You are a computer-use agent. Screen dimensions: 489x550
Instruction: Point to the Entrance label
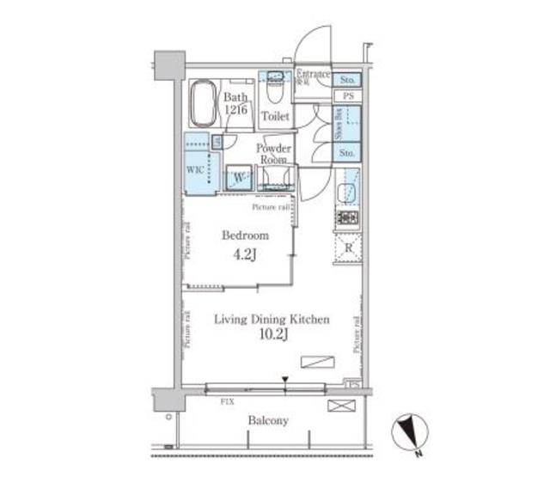(x=313, y=76)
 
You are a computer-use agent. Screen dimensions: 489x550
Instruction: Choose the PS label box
(x=348, y=96)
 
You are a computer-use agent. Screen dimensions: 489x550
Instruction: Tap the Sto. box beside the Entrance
(x=347, y=79)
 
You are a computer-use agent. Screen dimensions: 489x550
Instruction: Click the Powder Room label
(x=274, y=153)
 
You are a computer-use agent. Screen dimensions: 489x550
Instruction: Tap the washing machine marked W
(x=239, y=177)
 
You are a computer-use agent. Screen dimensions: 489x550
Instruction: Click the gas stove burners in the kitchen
(x=346, y=217)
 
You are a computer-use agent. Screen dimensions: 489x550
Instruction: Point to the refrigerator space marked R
(x=347, y=248)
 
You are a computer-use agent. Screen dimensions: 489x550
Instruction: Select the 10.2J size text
(x=272, y=335)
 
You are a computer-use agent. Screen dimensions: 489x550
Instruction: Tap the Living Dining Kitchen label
(x=272, y=320)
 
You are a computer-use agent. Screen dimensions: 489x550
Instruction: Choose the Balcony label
(x=268, y=421)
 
